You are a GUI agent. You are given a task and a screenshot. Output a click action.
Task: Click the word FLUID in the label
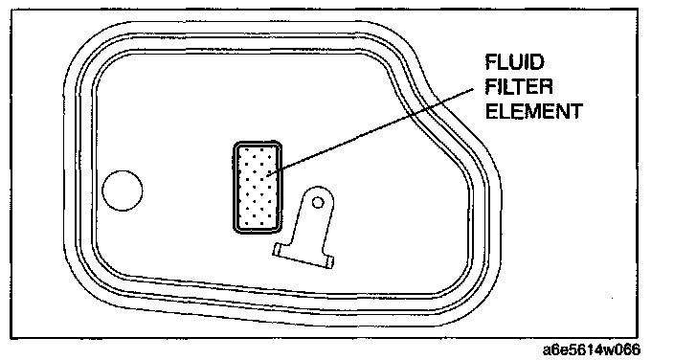(514, 62)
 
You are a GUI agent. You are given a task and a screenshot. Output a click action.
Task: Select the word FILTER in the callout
(519, 87)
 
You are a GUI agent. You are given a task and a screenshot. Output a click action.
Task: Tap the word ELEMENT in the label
(534, 111)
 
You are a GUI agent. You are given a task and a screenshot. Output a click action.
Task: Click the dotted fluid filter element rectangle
(258, 188)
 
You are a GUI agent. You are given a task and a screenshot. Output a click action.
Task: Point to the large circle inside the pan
(123, 191)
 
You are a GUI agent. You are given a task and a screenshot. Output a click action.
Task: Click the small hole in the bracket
(318, 202)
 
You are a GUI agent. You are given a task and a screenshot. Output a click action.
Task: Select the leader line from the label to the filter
(371, 132)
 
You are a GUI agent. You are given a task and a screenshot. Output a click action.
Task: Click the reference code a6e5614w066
(592, 349)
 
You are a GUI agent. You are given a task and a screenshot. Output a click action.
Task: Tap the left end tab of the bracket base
(279, 250)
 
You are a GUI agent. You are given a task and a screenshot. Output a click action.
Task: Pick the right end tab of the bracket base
(329, 261)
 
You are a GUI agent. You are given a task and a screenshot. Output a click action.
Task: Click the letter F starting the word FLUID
(491, 62)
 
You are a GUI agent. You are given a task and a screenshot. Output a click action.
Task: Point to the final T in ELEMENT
(575, 111)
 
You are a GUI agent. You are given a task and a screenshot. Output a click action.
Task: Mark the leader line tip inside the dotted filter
(268, 175)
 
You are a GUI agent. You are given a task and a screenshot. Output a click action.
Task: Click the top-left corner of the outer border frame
(11, 10)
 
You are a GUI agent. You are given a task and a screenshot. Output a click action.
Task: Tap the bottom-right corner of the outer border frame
(638, 338)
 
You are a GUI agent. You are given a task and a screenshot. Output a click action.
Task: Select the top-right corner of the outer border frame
(638, 10)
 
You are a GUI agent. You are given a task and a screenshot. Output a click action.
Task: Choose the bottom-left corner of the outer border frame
(11, 338)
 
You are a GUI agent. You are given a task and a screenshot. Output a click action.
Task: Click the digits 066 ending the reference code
(628, 349)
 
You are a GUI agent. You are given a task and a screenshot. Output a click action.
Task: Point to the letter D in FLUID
(536, 62)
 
